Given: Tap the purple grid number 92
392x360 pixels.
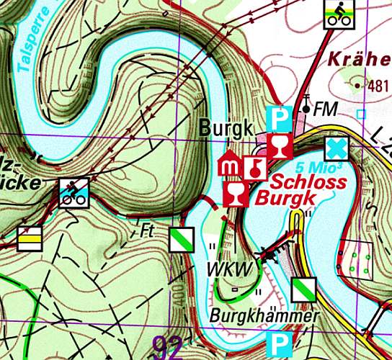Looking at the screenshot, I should click(x=169, y=344).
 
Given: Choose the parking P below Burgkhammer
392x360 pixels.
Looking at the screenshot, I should click(x=277, y=343).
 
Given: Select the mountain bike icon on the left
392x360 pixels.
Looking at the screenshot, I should click(x=74, y=192).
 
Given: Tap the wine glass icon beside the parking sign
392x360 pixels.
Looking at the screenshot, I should click(x=277, y=147).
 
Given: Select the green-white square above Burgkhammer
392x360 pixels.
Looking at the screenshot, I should click(x=303, y=289).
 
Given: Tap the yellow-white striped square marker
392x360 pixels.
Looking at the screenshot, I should click(x=29, y=238).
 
